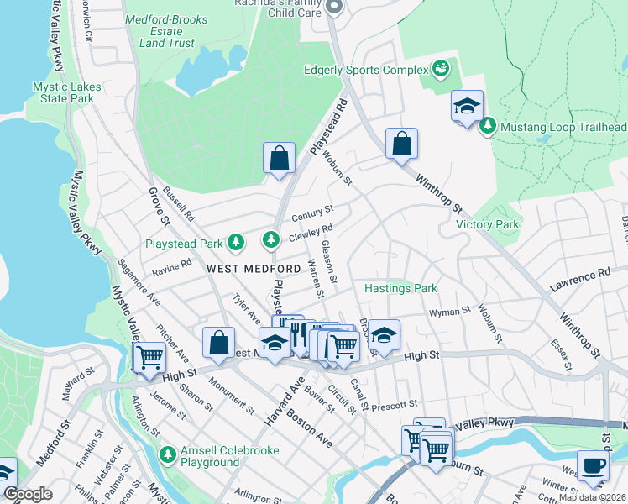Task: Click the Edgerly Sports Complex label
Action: tap(370, 70)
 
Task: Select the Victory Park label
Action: tap(488, 224)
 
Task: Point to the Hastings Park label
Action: tap(401, 288)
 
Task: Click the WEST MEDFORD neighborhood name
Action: tap(254, 268)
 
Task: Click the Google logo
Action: tap(27, 495)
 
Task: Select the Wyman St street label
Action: tap(449, 312)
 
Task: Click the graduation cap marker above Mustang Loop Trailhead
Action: tap(467, 106)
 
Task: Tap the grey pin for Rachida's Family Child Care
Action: tap(332, 9)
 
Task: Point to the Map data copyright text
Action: tap(592, 497)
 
